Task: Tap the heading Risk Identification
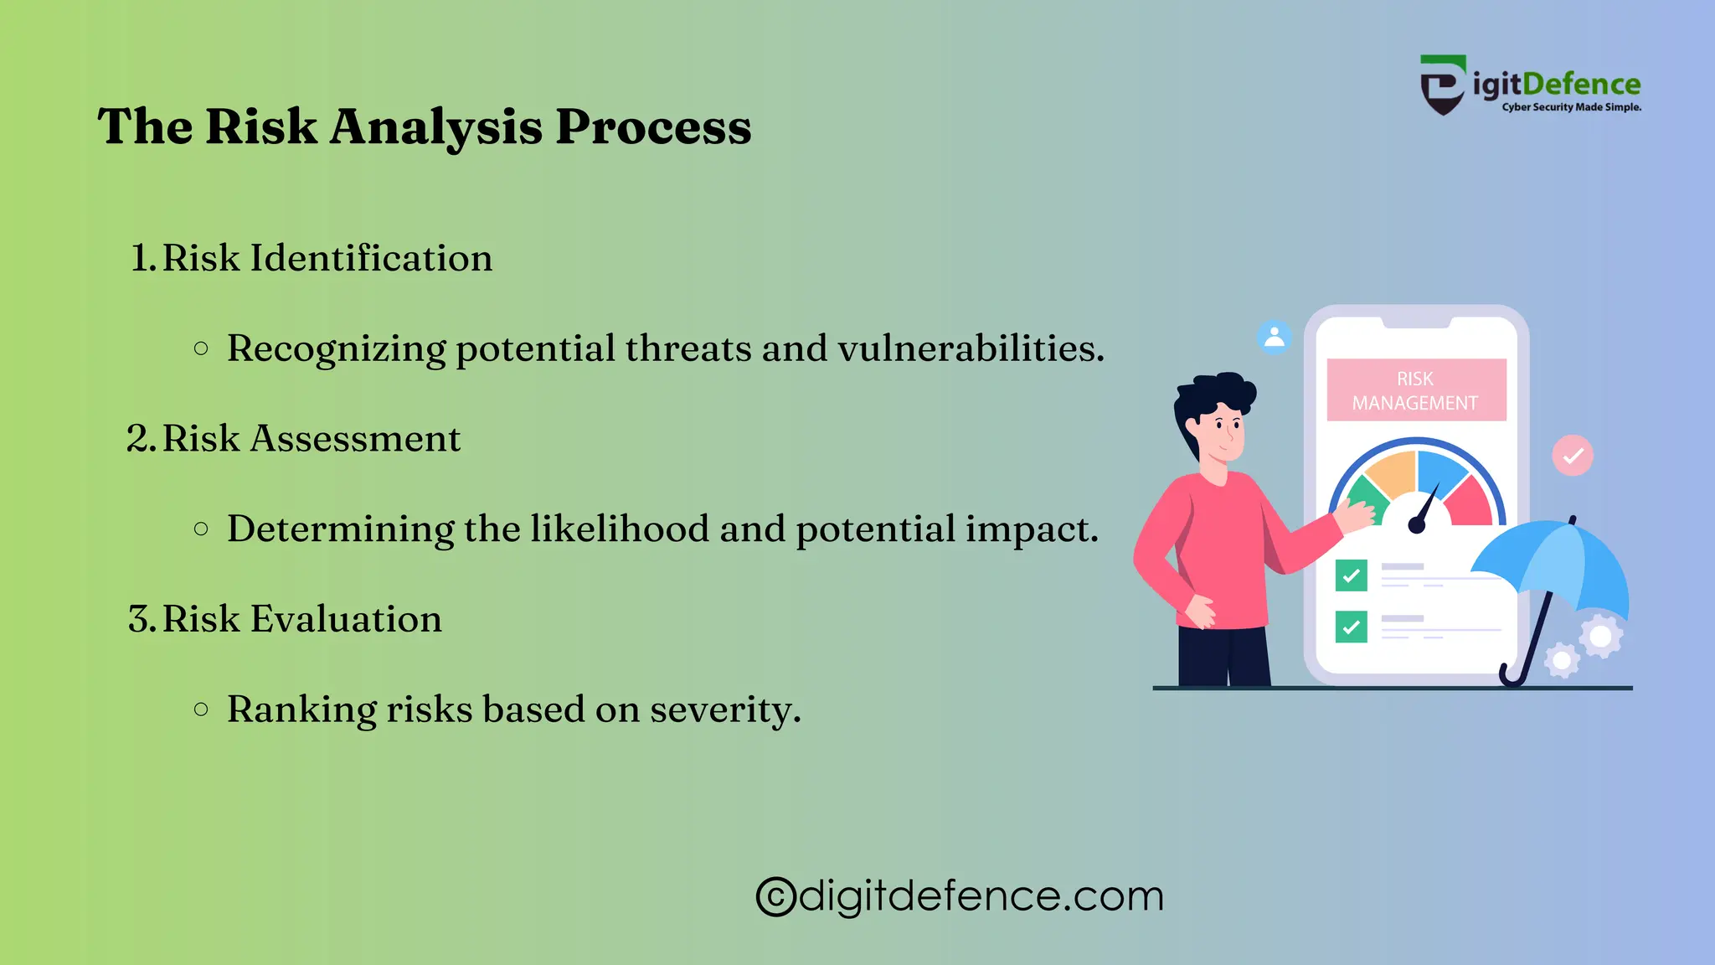coord(327,258)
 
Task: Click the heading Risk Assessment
coord(311,439)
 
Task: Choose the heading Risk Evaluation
coord(301,620)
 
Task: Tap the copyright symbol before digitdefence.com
coord(775,897)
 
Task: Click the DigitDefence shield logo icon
coord(1442,85)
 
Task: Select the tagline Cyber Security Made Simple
coord(1571,107)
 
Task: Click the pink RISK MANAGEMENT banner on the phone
coord(1416,390)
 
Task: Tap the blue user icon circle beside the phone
coord(1275,338)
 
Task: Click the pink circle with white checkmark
coord(1573,456)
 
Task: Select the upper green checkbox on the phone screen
coord(1351,575)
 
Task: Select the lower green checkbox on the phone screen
coord(1351,627)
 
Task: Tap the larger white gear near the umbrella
coord(1600,637)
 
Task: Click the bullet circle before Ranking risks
coord(201,710)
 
